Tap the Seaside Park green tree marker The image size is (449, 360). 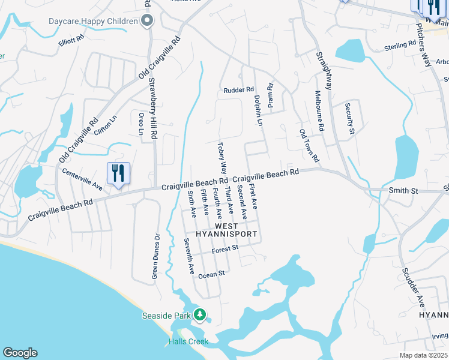(200, 314)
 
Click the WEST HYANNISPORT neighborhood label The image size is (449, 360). (228, 230)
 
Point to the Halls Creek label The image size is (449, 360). (188, 341)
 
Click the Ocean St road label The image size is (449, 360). (211, 274)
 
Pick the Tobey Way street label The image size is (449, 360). (222, 157)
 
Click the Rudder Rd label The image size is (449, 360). (239, 90)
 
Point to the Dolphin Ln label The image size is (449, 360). (259, 112)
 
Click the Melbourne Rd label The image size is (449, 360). (319, 111)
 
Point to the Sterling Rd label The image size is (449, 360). (400, 45)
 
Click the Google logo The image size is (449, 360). (20, 353)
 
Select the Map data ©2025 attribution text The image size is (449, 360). (422, 355)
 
